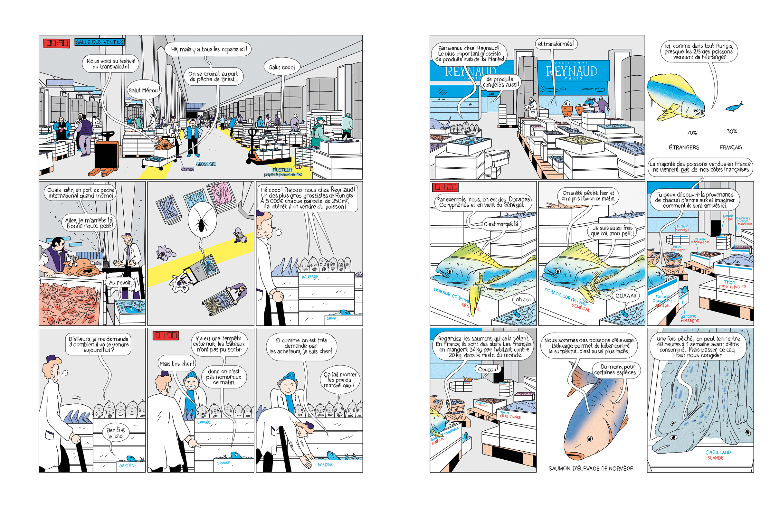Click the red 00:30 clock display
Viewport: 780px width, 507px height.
[57, 43]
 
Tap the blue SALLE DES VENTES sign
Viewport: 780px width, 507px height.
[100, 42]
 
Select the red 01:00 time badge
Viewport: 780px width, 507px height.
[166, 335]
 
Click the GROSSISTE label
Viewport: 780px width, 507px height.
[206, 164]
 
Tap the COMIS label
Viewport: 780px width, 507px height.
[187, 169]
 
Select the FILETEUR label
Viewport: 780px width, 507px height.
[282, 170]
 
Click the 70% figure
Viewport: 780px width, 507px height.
[691, 133]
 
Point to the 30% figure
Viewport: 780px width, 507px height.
[731, 131]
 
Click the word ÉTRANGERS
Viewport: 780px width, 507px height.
[684, 147]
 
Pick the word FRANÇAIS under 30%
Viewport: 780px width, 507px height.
[730, 147]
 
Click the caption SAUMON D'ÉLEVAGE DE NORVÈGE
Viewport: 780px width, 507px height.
[591, 468]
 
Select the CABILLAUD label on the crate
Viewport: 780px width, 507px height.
[718, 452]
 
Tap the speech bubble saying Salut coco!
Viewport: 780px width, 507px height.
[282, 67]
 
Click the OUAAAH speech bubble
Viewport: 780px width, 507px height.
[626, 296]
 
